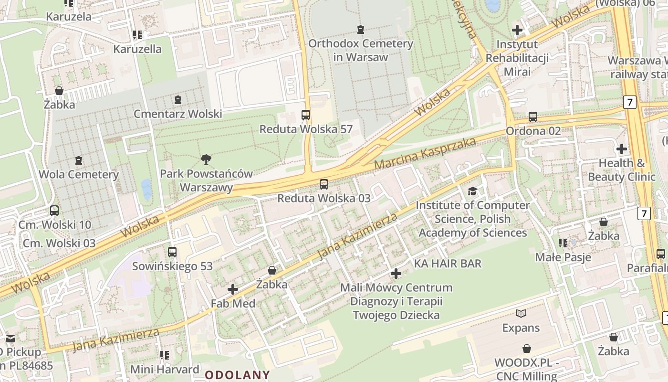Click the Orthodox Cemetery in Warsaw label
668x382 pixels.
pyautogui.click(x=360, y=50)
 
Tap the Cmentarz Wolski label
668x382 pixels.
pyautogui.click(x=177, y=114)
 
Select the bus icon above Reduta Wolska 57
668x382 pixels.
pyautogui.click(x=306, y=115)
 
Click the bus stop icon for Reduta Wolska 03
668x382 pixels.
pyautogui.click(x=324, y=184)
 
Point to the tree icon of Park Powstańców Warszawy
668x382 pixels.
pyautogui.click(x=206, y=159)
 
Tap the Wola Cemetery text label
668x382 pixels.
pyautogui.click(x=78, y=174)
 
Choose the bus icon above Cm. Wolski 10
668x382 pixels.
pyautogui.click(x=54, y=211)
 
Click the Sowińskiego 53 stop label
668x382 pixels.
pyautogui.click(x=172, y=266)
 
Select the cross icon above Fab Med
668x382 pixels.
pyautogui.click(x=233, y=289)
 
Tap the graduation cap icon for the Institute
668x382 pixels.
pyautogui.click(x=472, y=191)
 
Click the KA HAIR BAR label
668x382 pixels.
pyautogui.click(x=448, y=264)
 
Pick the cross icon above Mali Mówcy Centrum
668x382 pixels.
pyautogui.click(x=396, y=274)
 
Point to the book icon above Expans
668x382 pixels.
pyautogui.click(x=521, y=314)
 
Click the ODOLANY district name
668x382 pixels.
pyautogui.click(x=238, y=375)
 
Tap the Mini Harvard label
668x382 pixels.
pyautogui.click(x=165, y=369)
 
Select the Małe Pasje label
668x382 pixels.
pyautogui.click(x=563, y=257)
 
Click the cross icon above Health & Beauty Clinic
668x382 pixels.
pyautogui.click(x=622, y=149)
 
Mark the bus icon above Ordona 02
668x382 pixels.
pyautogui.click(x=533, y=117)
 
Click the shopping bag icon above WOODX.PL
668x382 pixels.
pyautogui.click(x=527, y=349)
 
